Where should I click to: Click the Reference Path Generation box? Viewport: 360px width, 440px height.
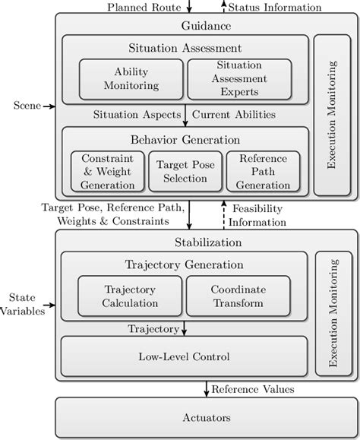258,171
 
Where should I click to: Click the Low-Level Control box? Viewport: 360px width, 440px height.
185,356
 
